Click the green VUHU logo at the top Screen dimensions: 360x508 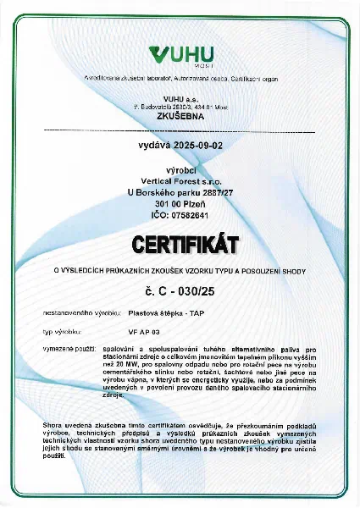pyautogui.click(x=180, y=56)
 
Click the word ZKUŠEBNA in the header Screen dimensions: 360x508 pyautogui.click(x=180, y=119)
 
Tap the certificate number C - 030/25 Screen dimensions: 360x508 pyautogui.click(x=180, y=292)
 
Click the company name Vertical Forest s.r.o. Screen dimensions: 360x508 pyautogui.click(x=180, y=180)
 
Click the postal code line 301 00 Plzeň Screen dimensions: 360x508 pyautogui.click(x=180, y=203)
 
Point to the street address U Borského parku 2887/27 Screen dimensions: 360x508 pyautogui.click(x=180, y=192)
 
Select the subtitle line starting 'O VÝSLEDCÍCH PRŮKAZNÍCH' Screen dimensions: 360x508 pyautogui.click(x=180, y=270)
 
